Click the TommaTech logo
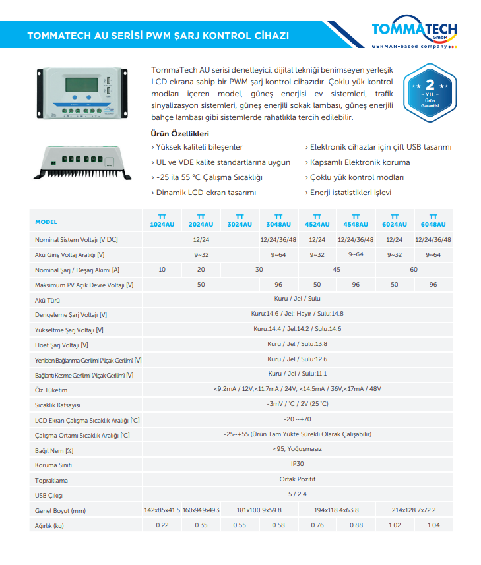tap(414, 34)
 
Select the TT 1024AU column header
tap(162, 221)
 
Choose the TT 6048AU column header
tap(433, 221)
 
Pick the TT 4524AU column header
tap(317, 221)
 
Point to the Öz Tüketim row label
tap(51, 390)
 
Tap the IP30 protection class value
tap(297, 465)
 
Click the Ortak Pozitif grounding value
tap(298, 480)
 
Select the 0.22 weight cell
tap(162, 525)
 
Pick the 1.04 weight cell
tap(433, 525)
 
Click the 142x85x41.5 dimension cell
tap(162, 510)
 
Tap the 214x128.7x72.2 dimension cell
tap(414, 510)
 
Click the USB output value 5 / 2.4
tap(298, 494)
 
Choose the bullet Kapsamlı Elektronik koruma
tap(360, 162)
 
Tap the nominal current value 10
tap(162, 270)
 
